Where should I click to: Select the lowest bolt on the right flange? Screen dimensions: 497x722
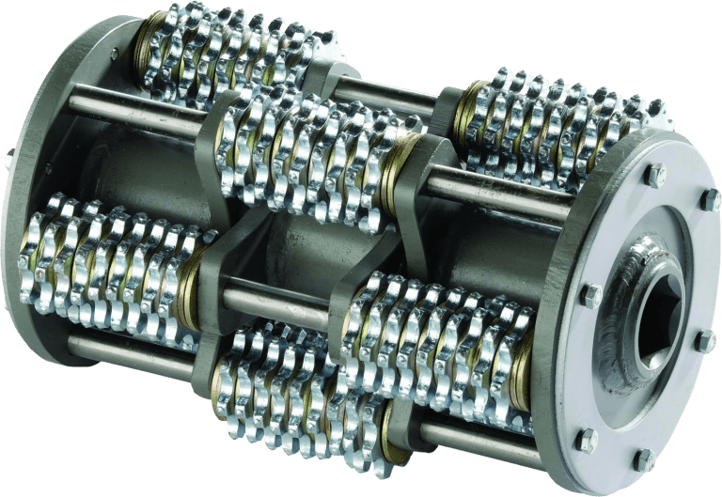click(643, 459)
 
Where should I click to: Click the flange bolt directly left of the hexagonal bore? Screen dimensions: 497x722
click(591, 297)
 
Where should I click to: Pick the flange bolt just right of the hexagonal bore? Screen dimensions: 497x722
click(706, 339)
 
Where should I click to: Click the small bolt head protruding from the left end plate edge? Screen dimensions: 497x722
click(8, 160)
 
